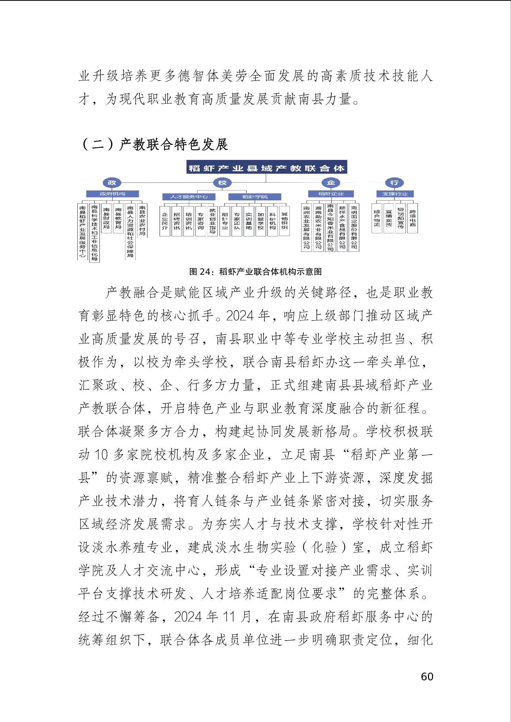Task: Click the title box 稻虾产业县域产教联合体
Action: [x=266, y=168]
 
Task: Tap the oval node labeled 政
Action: [x=112, y=183]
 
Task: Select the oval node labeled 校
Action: [x=222, y=183]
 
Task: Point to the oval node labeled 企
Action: [x=331, y=183]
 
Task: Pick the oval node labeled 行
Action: [x=394, y=183]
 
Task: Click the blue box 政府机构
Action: [x=112, y=194]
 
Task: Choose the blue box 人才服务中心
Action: [x=189, y=197]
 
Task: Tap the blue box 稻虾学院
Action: [x=254, y=197]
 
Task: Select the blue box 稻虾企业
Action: [x=331, y=194]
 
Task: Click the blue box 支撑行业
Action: [x=395, y=194]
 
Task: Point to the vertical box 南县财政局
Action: [x=106, y=218]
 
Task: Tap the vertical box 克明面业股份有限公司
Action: [x=354, y=227]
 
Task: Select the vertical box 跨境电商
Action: [x=412, y=218]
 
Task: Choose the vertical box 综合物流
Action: [x=377, y=218]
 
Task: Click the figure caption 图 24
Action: [x=255, y=272]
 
